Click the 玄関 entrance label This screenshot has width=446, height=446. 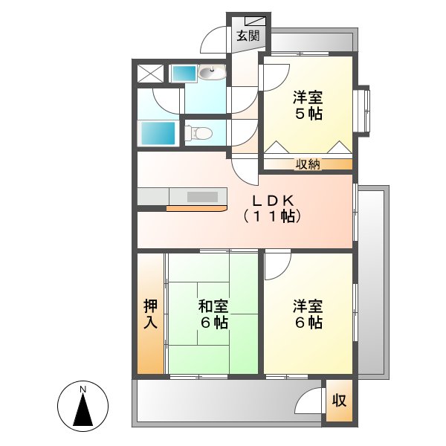click(x=248, y=36)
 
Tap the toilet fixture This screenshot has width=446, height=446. click(x=198, y=133)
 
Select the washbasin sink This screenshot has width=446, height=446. click(x=212, y=73)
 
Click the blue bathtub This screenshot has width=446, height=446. click(x=158, y=134)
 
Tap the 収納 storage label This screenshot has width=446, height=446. click(x=308, y=165)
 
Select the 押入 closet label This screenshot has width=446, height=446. click(x=150, y=313)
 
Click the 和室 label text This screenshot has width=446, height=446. click(x=213, y=306)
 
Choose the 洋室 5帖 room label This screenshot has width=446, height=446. click(x=307, y=105)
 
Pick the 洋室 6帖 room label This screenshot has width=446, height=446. click(x=307, y=314)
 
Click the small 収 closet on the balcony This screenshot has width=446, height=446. click(x=339, y=401)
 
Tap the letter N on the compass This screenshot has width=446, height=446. click(x=84, y=390)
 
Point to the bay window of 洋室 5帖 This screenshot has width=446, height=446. click(x=362, y=110)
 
